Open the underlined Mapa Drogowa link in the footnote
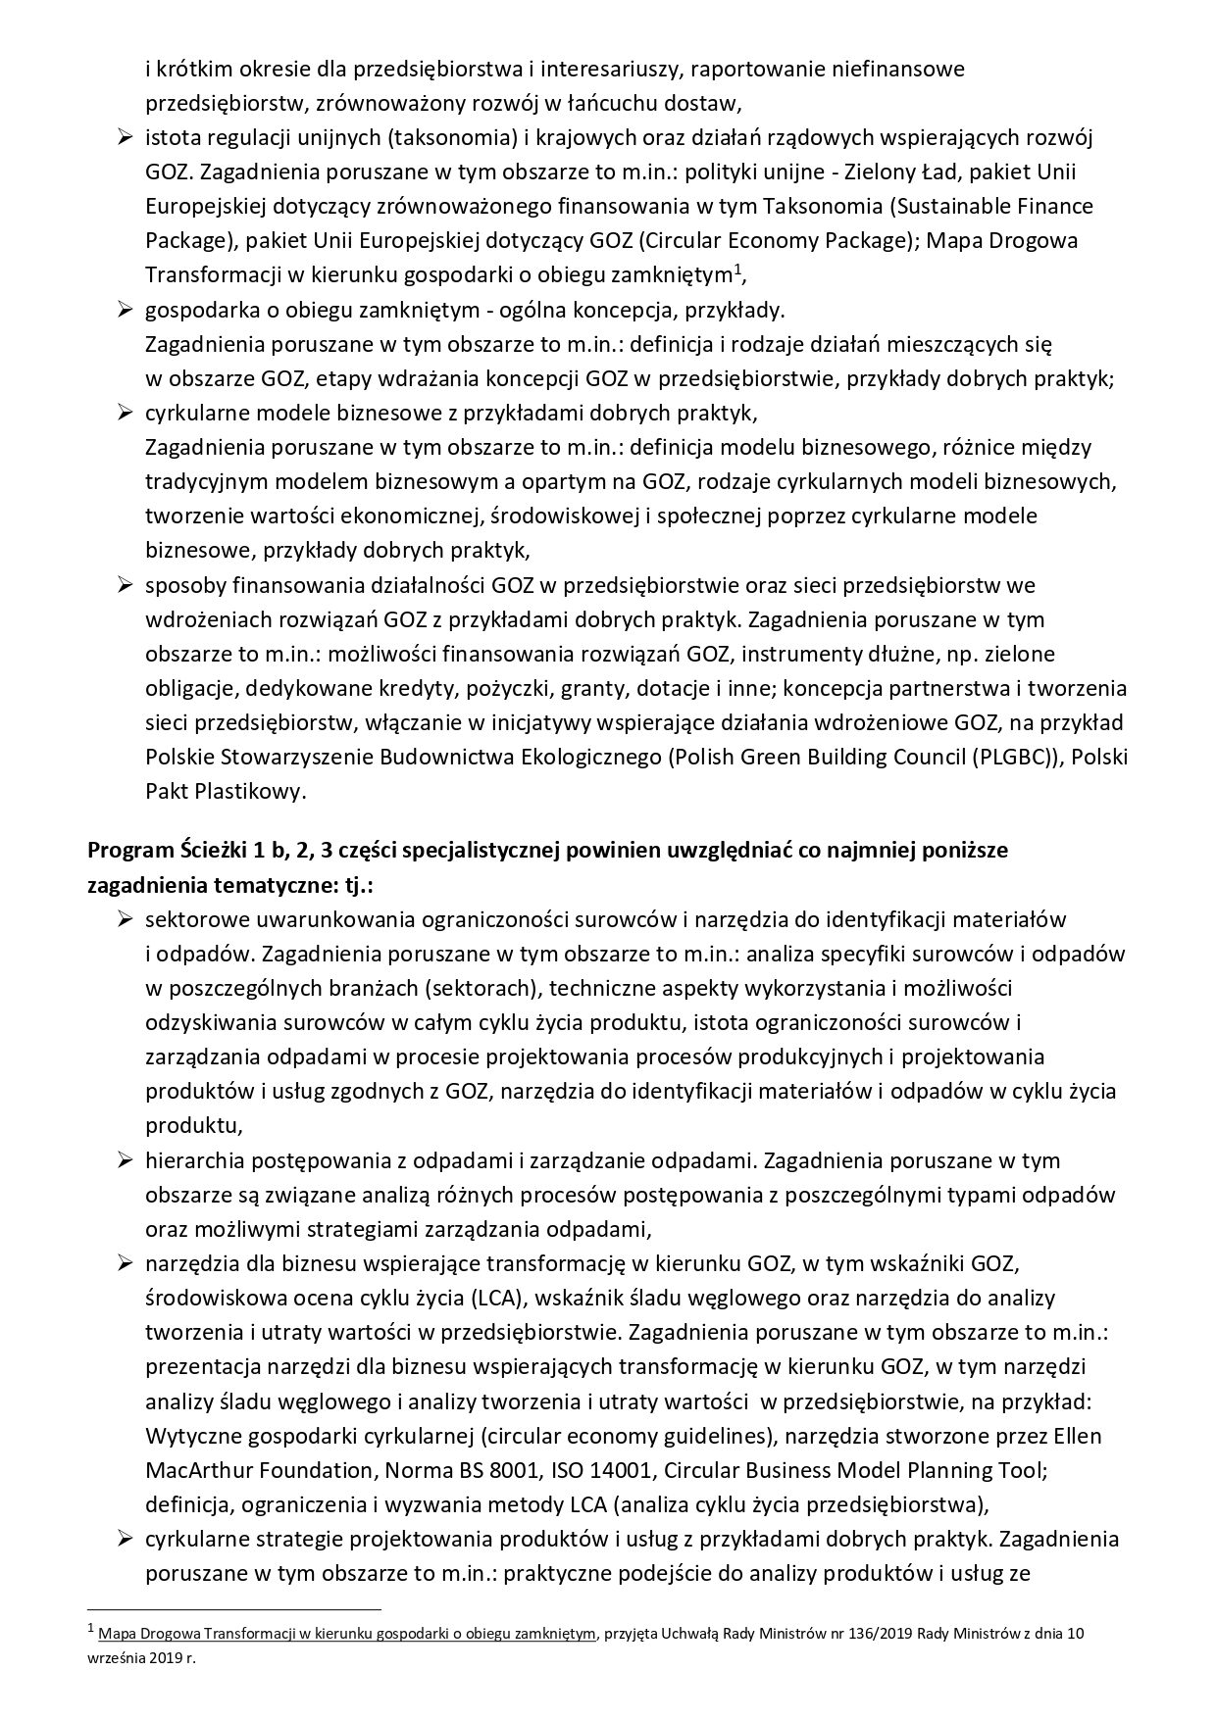tap(348, 1634)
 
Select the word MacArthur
tap(202, 1471)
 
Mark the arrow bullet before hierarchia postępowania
tap(125, 1160)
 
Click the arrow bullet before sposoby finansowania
tap(125, 585)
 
